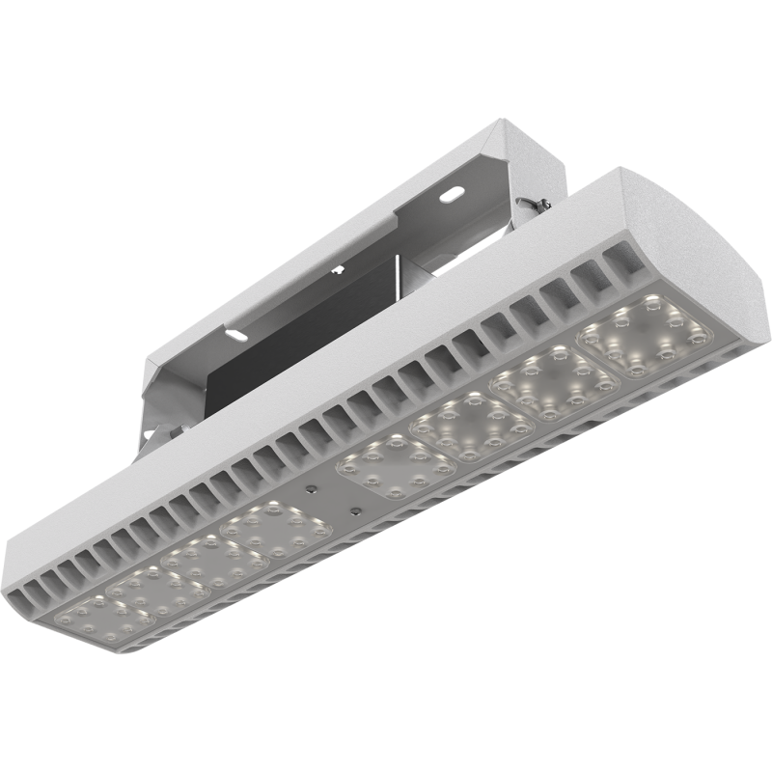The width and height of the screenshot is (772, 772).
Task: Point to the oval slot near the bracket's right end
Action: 450,194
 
